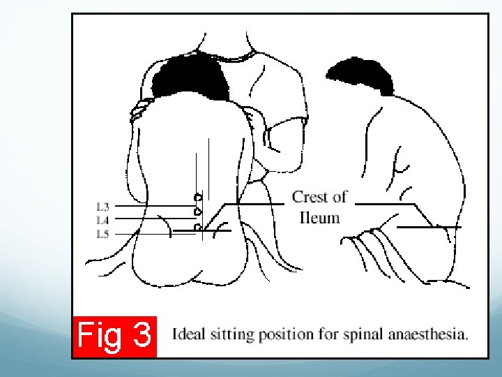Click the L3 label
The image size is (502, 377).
coord(102,207)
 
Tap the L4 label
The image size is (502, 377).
coord(102,220)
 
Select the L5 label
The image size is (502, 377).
coord(102,234)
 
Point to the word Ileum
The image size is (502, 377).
coord(319,217)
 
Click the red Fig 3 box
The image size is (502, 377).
coord(114,337)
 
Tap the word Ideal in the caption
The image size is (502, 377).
coord(188,334)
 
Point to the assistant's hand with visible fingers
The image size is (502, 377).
coord(142,108)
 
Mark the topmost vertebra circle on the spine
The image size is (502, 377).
coord(199,196)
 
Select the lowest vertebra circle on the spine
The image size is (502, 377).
coord(199,227)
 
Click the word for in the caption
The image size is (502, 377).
coord(325,334)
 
